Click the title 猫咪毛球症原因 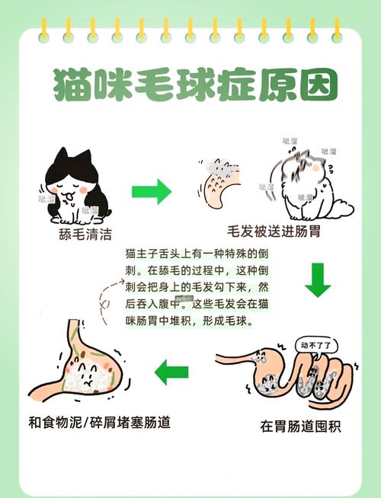(190, 86)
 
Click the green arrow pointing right (152, 191)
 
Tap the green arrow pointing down (318, 279)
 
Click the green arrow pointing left (171, 372)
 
